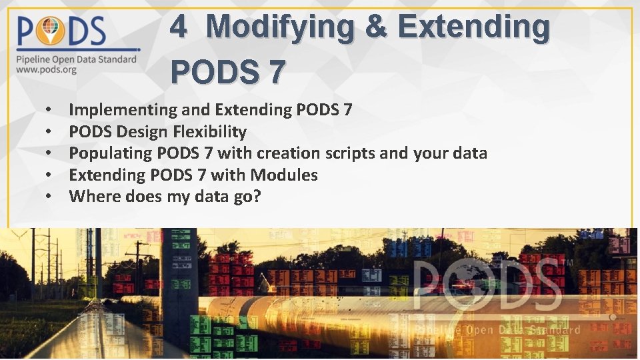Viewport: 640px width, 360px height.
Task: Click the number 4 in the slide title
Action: coord(178,28)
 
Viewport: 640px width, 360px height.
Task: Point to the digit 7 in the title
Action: coord(277,71)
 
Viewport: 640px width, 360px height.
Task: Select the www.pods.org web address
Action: coord(46,69)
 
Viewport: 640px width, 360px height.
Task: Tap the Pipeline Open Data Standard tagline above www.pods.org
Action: coord(77,59)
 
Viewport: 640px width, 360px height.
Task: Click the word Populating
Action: coord(111,153)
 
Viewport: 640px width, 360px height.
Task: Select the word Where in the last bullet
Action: coord(91,197)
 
